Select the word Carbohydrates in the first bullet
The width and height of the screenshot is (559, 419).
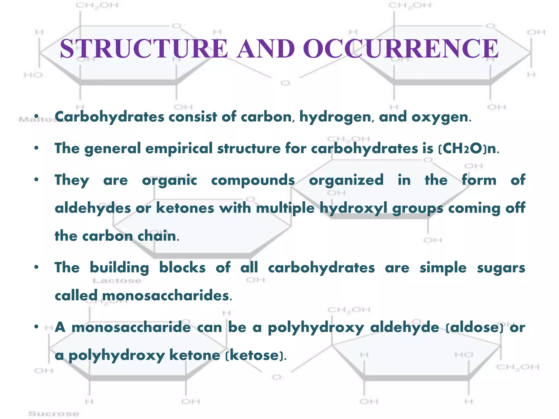tap(109, 117)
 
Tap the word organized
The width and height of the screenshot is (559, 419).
tap(346, 180)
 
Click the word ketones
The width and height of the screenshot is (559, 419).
tap(185, 208)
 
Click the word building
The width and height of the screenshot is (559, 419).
tap(119, 268)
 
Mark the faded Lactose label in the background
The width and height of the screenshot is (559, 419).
tap(117, 281)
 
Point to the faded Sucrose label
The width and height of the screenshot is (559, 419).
tap(54, 414)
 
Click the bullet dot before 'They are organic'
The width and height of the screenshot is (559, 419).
tap(37, 180)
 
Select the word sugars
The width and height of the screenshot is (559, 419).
tap(501, 268)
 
